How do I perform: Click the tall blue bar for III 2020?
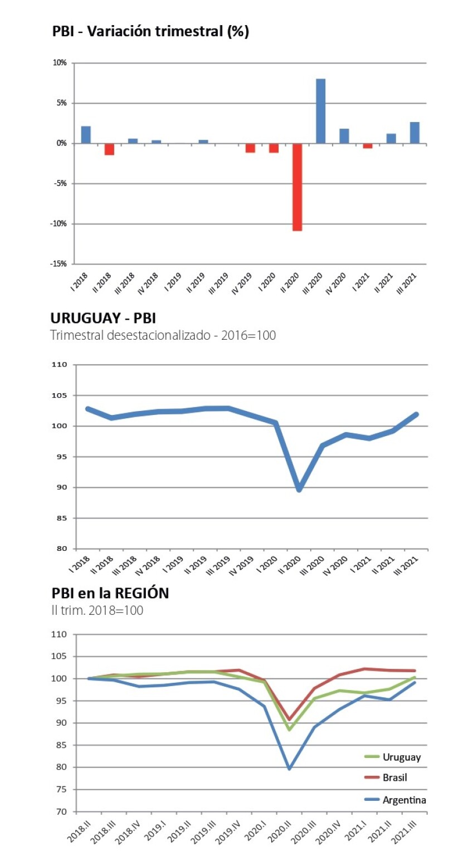point(320,111)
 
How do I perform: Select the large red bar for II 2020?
point(297,187)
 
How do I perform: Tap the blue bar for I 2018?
point(86,135)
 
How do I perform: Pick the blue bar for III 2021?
point(415,133)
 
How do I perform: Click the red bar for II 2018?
point(109,149)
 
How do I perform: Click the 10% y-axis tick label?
point(60,63)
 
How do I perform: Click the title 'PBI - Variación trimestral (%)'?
point(150,32)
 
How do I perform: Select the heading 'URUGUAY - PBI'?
point(103,319)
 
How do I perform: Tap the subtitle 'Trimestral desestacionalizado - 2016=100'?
point(163,336)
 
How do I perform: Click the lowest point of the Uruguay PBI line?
point(299,489)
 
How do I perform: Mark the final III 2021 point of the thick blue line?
point(416,414)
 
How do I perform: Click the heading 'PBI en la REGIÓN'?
point(110,594)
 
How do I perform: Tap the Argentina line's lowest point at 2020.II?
point(289,769)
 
